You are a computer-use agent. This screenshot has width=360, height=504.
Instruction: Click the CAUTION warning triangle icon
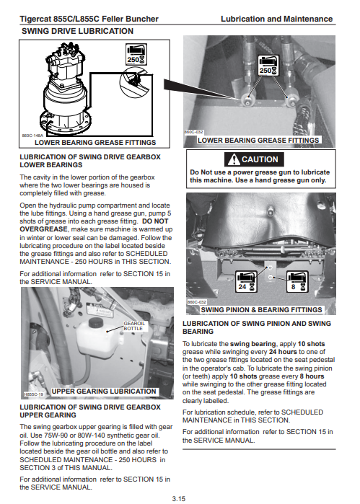tap(234, 159)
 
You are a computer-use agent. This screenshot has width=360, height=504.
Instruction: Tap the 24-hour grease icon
tap(246, 282)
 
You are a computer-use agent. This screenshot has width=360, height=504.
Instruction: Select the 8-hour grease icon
tap(297, 282)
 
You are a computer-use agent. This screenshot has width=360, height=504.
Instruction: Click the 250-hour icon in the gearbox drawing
tap(136, 54)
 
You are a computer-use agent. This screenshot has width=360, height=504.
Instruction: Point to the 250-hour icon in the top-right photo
tap(268, 65)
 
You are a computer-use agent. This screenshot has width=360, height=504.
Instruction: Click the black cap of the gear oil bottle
tap(95, 322)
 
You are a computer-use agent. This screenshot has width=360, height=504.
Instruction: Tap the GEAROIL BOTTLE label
tap(134, 326)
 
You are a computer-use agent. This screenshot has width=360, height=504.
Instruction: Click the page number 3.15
tap(178, 498)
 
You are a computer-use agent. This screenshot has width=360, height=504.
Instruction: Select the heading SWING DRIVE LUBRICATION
tap(77, 31)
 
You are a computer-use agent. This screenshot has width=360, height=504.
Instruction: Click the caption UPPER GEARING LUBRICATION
tap(104, 392)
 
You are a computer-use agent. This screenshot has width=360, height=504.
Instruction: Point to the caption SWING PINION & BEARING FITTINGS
tap(261, 310)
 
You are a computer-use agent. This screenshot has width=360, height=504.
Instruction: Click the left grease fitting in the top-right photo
tap(248, 100)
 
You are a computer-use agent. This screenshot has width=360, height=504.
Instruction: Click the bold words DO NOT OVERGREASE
tap(94, 225)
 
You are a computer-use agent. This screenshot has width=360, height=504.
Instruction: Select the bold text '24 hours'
tap(283, 352)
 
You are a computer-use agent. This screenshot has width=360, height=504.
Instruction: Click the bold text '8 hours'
tap(312, 376)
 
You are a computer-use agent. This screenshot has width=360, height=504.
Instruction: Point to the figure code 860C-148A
tap(32, 136)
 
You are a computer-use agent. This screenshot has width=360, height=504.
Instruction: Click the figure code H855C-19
tap(34, 394)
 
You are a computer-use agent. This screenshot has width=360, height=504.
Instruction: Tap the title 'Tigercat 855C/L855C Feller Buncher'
tap(89, 19)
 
